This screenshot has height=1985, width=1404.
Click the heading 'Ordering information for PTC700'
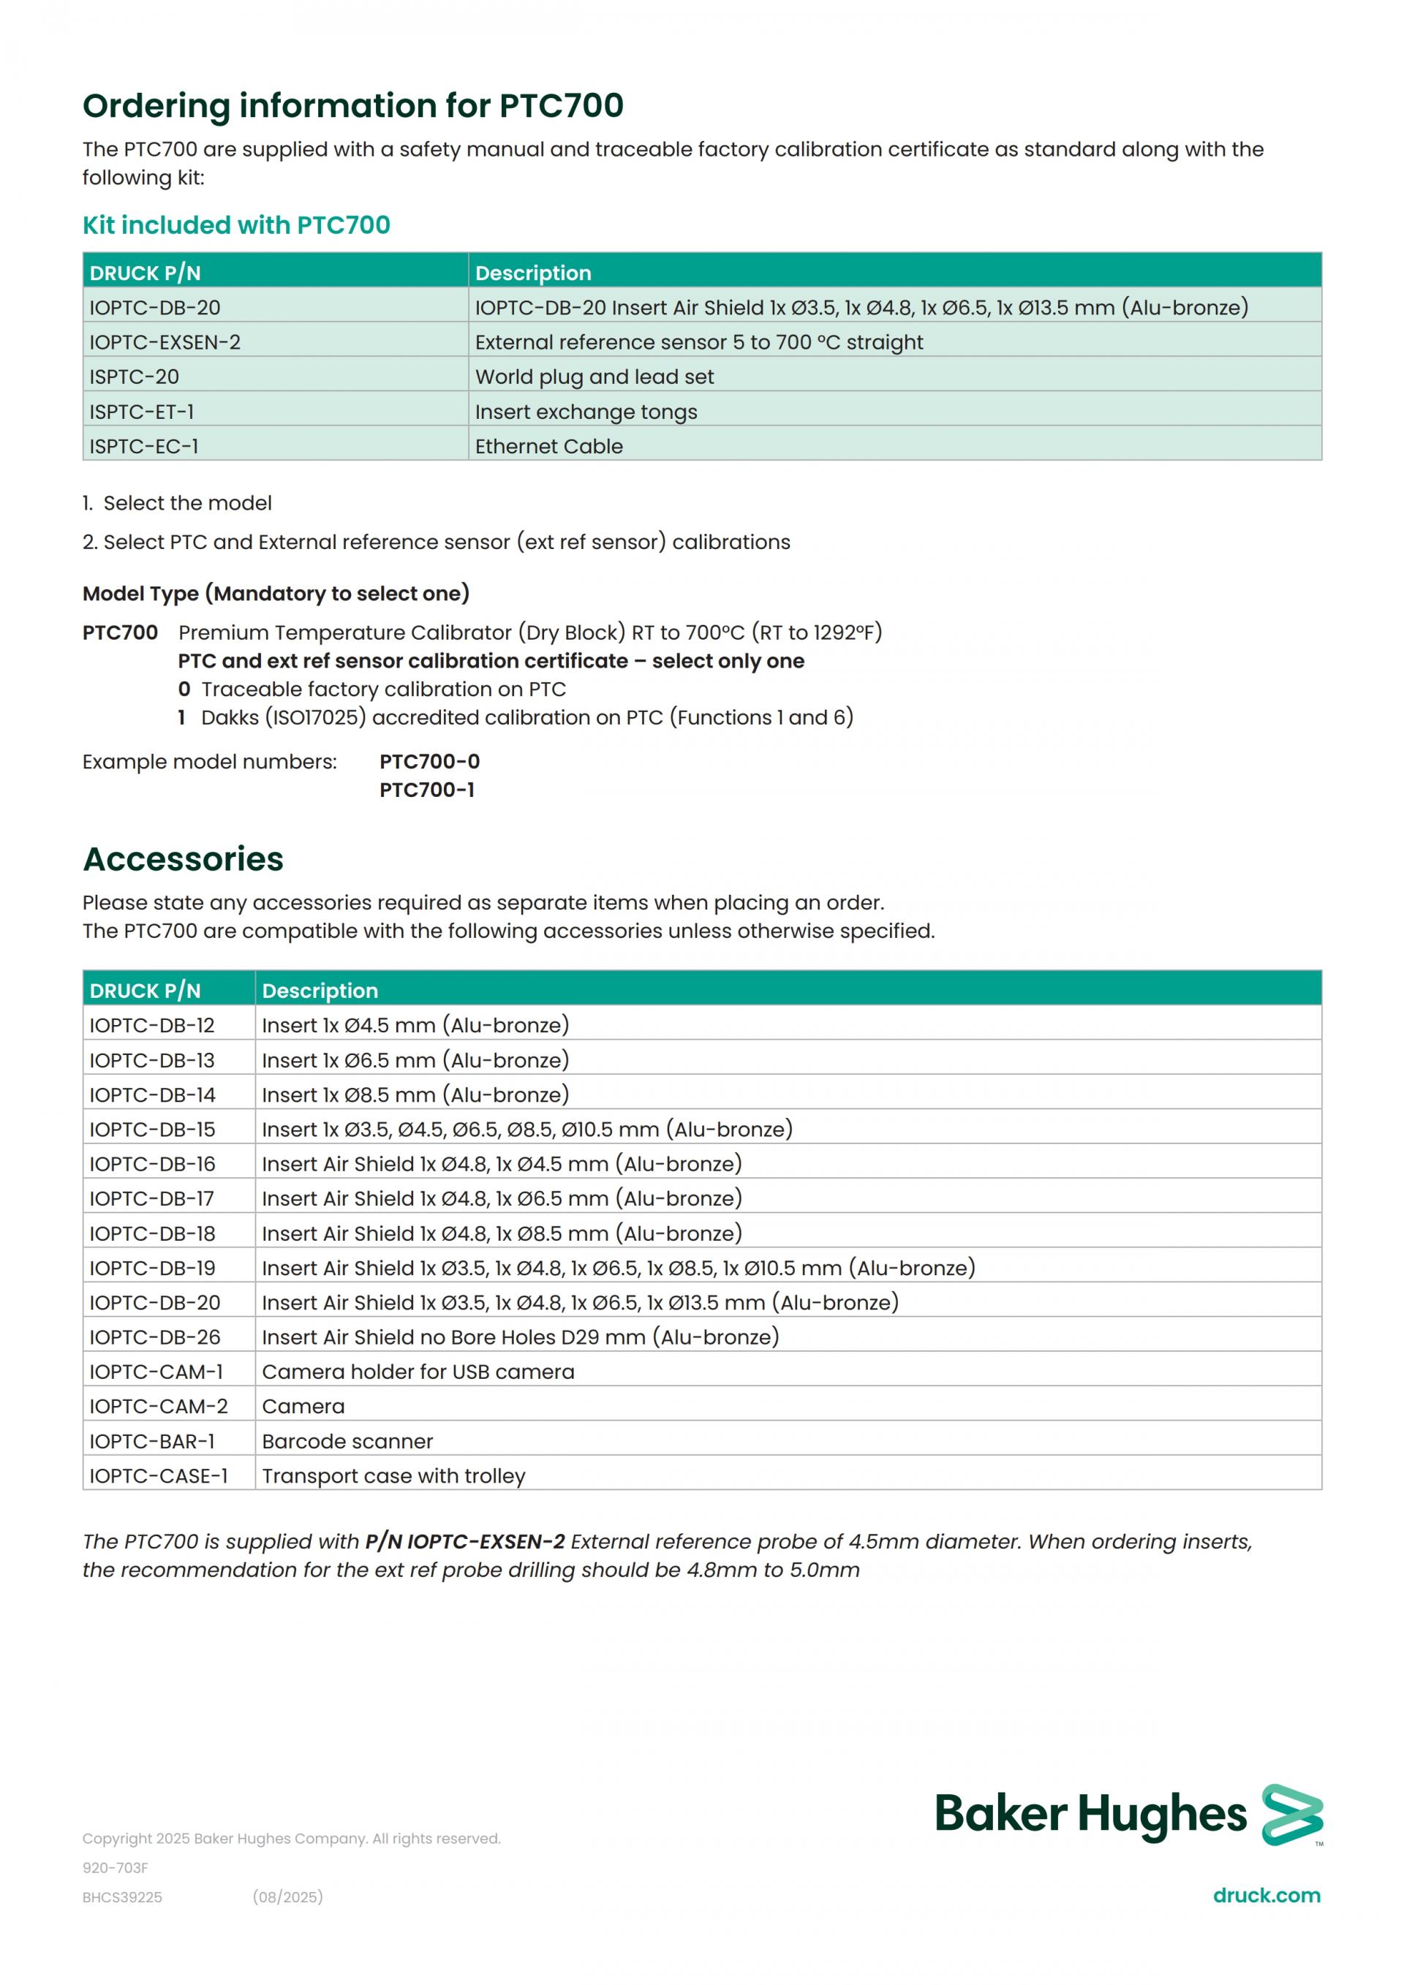click(x=352, y=105)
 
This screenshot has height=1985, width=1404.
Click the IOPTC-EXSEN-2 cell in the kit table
click(x=165, y=342)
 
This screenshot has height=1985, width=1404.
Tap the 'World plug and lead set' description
click(x=594, y=377)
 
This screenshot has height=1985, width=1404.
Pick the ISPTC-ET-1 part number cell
click(x=142, y=412)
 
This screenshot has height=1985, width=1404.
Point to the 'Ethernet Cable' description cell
click(x=548, y=446)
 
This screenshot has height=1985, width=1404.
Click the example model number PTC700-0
click(x=430, y=762)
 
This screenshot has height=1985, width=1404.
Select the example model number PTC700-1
click(x=427, y=790)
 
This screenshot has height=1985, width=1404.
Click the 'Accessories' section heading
click(x=184, y=858)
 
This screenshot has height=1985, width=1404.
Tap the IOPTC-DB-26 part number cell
click(x=155, y=1337)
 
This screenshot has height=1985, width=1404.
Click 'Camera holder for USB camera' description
click(x=418, y=1372)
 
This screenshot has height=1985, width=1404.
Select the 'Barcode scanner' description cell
click(x=347, y=1441)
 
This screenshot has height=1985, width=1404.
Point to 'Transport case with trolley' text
click(x=393, y=1476)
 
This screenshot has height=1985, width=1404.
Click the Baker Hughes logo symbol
click(x=1291, y=1815)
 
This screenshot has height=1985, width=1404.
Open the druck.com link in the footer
click(x=1267, y=1896)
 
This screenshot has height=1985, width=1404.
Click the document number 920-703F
click(x=115, y=1868)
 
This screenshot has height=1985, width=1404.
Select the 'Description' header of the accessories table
click(x=320, y=991)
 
